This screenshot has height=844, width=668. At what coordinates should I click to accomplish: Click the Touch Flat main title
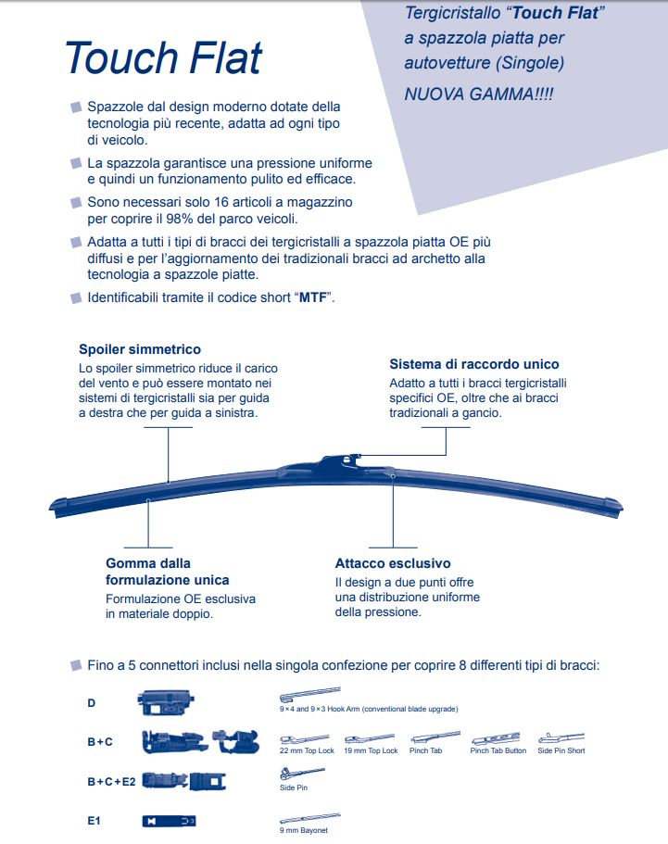163,57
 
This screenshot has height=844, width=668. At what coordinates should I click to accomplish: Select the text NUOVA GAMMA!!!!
478,94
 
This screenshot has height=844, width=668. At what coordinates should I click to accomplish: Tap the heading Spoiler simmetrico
140,350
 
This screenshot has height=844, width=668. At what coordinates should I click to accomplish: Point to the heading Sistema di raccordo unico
474,364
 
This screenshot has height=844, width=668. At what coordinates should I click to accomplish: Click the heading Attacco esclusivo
393,563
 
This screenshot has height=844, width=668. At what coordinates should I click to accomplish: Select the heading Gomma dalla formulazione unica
167,572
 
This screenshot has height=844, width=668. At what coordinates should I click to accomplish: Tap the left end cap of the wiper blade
61,506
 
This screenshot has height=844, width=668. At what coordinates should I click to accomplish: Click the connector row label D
91,703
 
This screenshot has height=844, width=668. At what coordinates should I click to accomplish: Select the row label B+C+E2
111,781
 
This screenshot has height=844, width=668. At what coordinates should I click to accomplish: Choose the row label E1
94,820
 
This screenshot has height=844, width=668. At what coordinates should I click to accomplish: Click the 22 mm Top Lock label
307,750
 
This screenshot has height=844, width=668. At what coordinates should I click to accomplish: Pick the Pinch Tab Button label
498,750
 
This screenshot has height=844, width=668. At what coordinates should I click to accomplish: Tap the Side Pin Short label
561,750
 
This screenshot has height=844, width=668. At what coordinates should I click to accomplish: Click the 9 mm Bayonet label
304,830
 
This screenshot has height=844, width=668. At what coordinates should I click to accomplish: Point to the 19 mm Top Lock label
371,750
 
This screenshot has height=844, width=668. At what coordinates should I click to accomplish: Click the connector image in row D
164,701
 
